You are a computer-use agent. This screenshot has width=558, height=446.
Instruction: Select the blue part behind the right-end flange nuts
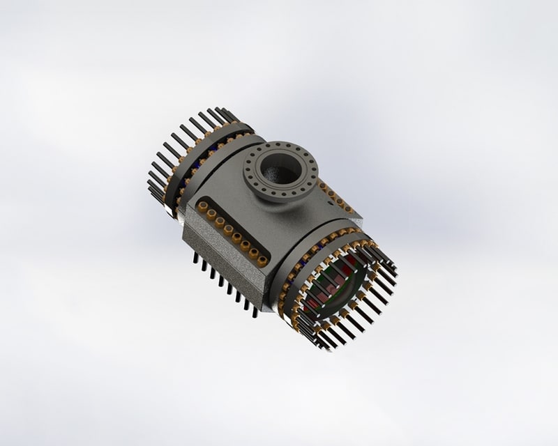pos(307,257)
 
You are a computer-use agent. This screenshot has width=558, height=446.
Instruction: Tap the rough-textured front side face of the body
pos(216,265)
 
